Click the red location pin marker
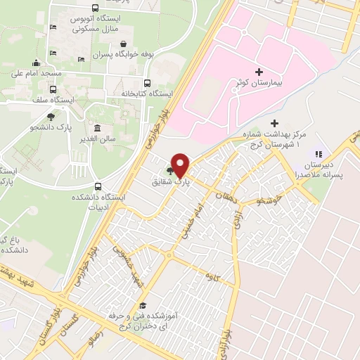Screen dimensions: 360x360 pos(180,165)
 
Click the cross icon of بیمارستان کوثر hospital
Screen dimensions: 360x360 pos(259,72)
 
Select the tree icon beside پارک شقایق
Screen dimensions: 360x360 pos(169,169)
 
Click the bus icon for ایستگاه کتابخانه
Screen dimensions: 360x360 pos(146,82)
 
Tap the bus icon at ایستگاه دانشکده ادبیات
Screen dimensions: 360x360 pos(97,187)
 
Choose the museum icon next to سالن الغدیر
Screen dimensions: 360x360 pos(96,129)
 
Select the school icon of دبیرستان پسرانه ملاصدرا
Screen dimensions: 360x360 pos(317,153)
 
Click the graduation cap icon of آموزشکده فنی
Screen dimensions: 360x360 pos(143,305)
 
